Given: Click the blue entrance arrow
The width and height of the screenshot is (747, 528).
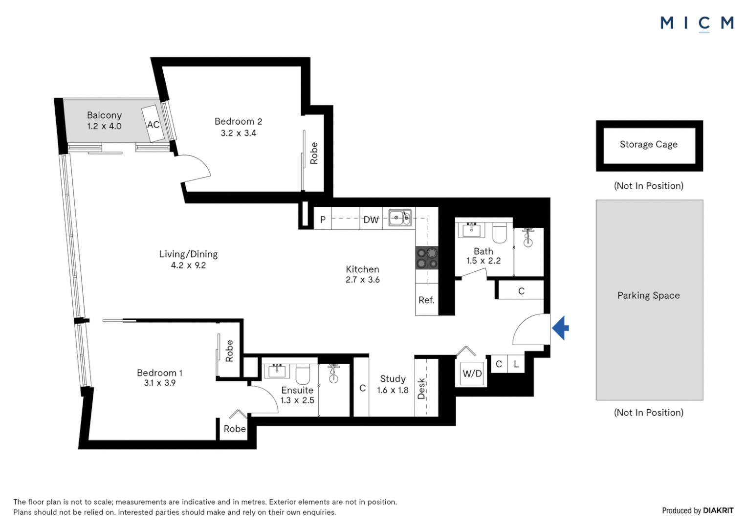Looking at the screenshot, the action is [561, 328].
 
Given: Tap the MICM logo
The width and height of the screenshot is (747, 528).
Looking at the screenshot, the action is [697, 24].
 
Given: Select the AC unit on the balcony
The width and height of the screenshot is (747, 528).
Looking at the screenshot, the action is [154, 124].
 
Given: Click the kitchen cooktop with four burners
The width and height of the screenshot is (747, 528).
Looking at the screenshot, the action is [427, 258].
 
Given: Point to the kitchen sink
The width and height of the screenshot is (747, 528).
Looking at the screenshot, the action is [400, 218].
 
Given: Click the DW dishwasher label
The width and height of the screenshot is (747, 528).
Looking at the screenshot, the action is [371, 220].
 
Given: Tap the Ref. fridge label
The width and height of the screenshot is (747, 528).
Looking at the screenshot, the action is [426, 300].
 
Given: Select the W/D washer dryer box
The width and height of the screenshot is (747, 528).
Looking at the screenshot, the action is [472, 374].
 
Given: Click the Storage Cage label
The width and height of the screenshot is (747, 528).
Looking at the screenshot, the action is [649, 144].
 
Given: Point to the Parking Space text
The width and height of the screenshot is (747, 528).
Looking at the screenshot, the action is [649, 295].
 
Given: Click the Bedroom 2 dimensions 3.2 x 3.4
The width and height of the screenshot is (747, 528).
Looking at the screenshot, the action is [239, 133].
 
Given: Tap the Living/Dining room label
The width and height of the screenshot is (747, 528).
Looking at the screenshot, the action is [188, 255].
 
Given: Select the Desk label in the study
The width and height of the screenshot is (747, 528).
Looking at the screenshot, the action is [421, 389].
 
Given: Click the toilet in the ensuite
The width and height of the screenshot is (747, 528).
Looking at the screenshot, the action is [303, 374].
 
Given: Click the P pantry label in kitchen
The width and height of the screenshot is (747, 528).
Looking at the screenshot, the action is [323, 220].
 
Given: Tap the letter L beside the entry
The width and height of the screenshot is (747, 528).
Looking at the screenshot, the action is [516, 364].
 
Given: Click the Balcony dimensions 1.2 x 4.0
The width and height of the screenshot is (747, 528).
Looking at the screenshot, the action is [105, 127].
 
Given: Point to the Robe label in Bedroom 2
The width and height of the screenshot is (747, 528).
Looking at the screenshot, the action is [314, 153].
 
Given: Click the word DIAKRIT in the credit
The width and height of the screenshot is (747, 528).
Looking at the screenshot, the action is [718, 510].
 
